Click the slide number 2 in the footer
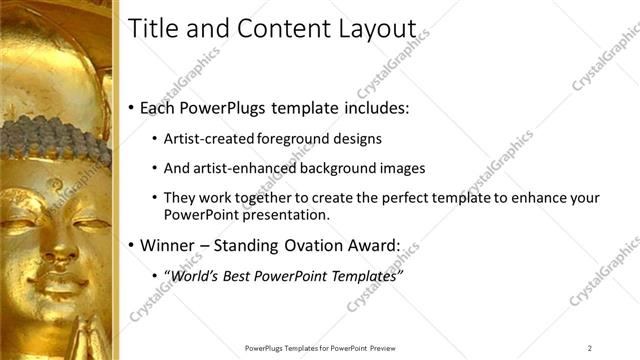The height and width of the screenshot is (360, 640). point(590,348)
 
